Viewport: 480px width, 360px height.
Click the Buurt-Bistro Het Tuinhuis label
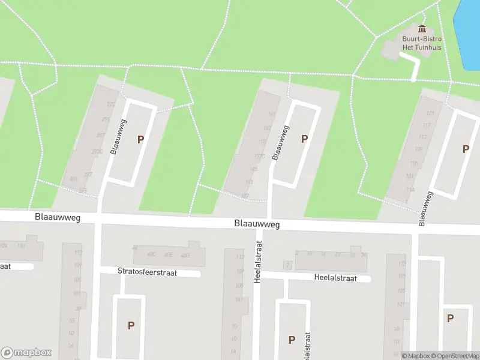[422, 43]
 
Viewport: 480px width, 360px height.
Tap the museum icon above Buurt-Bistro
[422, 28]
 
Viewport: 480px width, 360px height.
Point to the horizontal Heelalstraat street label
[335, 278]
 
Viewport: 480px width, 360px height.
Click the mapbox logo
[26, 352]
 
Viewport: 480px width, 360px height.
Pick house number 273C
[97, 152]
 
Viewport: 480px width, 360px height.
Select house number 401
[74, 179]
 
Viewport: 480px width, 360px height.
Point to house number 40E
[168, 254]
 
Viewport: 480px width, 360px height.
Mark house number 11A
[410, 190]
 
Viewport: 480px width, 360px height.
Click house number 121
[430, 113]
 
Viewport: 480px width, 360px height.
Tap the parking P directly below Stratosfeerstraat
[131, 326]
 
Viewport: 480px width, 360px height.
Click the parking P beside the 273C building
[141, 139]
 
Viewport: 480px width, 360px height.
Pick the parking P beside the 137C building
[304, 139]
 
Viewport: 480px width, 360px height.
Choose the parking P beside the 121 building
[465, 149]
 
